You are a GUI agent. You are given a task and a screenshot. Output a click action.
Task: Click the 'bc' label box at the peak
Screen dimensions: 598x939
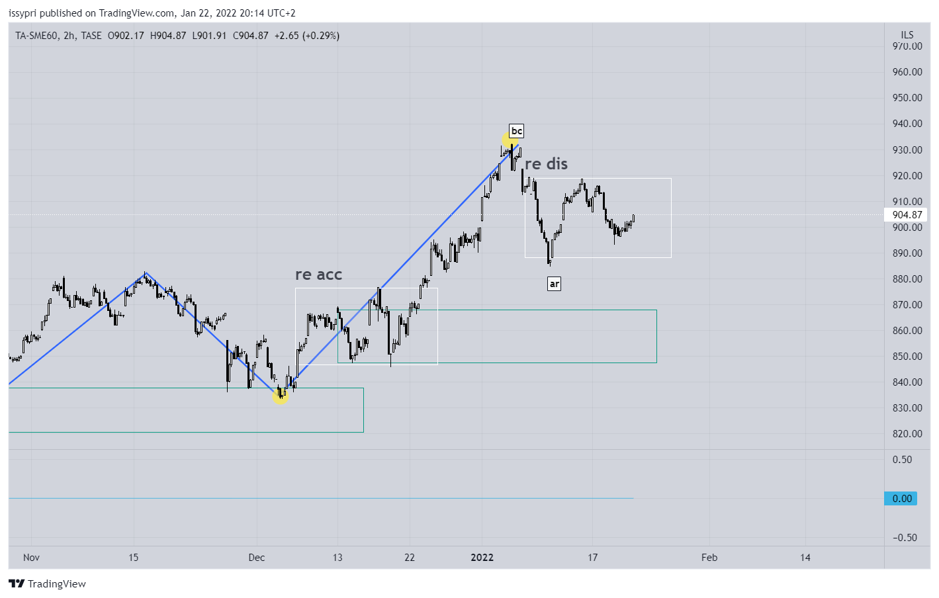pyautogui.click(x=516, y=131)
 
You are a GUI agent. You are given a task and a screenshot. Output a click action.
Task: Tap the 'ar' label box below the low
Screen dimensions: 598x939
pyautogui.click(x=554, y=284)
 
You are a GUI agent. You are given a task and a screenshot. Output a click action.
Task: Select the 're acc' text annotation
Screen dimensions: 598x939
pyautogui.click(x=318, y=275)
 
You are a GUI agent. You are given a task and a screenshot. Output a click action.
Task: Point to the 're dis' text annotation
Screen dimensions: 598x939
pyautogui.click(x=546, y=164)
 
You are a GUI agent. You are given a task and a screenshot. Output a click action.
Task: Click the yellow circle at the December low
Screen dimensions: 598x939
pyautogui.click(x=280, y=396)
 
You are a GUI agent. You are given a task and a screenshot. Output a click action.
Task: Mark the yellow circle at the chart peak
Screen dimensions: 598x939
pyautogui.click(x=510, y=140)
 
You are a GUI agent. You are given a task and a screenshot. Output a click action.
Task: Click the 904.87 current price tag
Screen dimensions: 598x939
pyautogui.click(x=907, y=215)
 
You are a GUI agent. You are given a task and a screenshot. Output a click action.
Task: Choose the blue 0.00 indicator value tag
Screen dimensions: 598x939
pyautogui.click(x=901, y=499)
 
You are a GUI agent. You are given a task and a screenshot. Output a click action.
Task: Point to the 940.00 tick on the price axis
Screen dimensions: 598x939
pyautogui.click(x=907, y=124)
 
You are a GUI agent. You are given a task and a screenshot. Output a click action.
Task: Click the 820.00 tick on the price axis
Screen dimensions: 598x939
pyautogui.click(x=907, y=434)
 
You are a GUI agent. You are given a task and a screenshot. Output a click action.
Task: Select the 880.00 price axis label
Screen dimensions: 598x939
pyautogui.click(x=907, y=279)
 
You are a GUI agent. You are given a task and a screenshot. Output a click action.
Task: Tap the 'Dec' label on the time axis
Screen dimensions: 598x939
pyautogui.click(x=257, y=558)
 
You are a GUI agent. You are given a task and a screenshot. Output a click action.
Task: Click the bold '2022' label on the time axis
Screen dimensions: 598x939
pyautogui.click(x=482, y=558)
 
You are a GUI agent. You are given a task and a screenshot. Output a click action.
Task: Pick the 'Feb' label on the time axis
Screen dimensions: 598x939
pyautogui.click(x=709, y=558)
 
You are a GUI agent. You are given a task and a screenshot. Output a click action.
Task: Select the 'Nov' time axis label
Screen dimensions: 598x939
pyautogui.click(x=31, y=558)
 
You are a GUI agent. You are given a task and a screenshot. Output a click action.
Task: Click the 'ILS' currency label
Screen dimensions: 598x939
pyautogui.click(x=907, y=35)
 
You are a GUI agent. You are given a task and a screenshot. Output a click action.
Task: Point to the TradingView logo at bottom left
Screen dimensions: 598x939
pyautogui.click(x=47, y=583)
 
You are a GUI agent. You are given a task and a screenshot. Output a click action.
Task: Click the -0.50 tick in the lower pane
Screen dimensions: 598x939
pyautogui.click(x=905, y=538)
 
